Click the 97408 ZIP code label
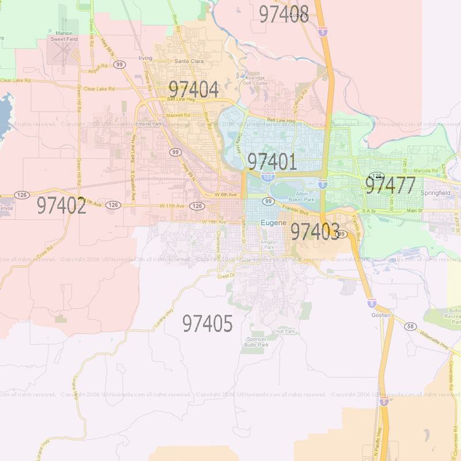pyautogui.click(x=284, y=14)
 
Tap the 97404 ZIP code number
pyautogui.click(x=194, y=90)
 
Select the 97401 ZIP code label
pyautogui.click(x=272, y=162)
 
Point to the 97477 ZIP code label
pyautogui.click(x=390, y=186)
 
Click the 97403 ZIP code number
pyautogui.click(x=315, y=232)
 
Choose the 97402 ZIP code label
pyautogui.click(x=62, y=206)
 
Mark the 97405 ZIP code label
pyautogui.click(x=207, y=324)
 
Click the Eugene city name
pyautogui.click(x=270, y=222)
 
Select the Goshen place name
pyautogui.click(x=381, y=315)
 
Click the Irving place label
pyautogui.click(x=145, y=58)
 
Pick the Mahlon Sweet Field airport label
pyautogui.click(x=64, y=37)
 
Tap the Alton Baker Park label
pyautogui.click(x=302, y=197)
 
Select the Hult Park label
pyautogui.click(x=285, y=331)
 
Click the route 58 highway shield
pyautogui.click(x=410, y=327)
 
